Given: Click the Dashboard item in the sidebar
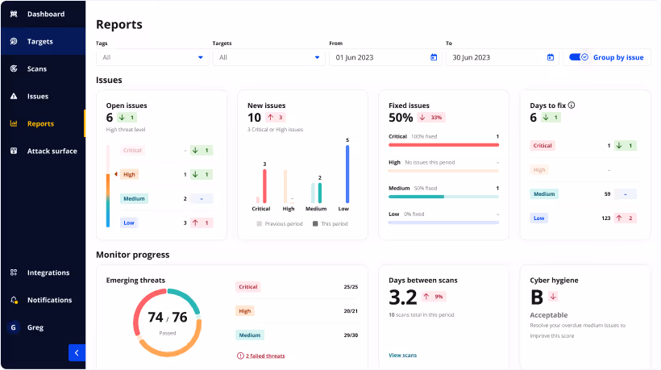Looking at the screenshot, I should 45,15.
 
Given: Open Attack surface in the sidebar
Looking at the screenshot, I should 52,151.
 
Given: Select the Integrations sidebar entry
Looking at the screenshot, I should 48,272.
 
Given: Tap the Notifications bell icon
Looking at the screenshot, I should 14,300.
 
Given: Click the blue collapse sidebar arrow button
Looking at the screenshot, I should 77,352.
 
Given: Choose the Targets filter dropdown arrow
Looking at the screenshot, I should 317,57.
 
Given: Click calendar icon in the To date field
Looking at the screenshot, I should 551,57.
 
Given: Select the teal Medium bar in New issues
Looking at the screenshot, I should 320,193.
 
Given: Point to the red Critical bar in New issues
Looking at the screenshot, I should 264,187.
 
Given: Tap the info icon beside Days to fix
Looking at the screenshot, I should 572,105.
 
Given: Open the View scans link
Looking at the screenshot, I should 402,355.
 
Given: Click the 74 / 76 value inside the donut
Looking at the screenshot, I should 168,318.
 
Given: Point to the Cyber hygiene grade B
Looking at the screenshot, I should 536,297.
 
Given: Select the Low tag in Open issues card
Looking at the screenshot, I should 129,222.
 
